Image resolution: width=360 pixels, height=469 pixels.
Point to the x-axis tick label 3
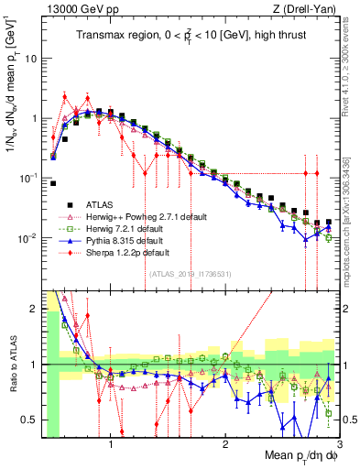[x=339, y=445]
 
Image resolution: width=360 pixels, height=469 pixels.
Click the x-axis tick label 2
[x=225, y=445]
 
